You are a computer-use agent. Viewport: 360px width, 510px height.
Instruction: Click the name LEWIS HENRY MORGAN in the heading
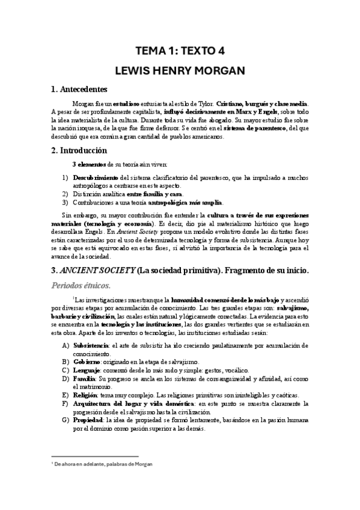click(x=180, y=70)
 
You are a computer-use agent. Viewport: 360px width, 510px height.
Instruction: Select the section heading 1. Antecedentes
click(x=79, y=89)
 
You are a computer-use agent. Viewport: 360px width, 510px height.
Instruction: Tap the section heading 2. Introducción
click(x=79, y=150)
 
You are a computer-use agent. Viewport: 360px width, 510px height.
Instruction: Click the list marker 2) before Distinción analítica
click(x=66, y=193)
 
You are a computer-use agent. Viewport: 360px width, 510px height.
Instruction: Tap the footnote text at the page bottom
click(x=102, y=464)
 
